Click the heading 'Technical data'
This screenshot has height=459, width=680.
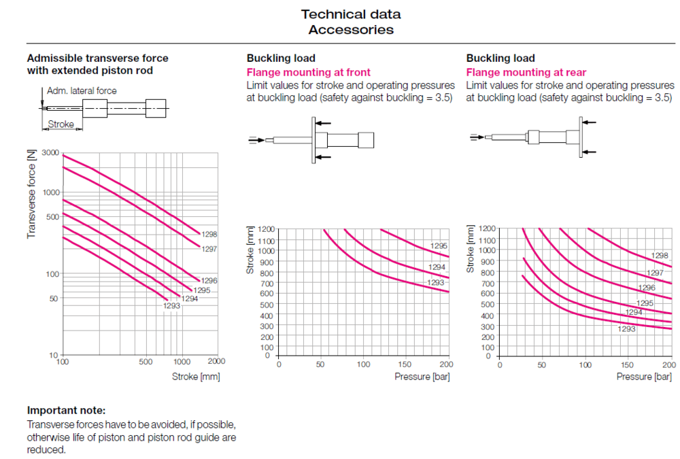pyautogui.click(x=351, y=14)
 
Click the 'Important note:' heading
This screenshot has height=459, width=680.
pyautogui.click(x=66, y=410)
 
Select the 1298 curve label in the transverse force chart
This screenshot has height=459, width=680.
pyautogui.click(x=209, y=233)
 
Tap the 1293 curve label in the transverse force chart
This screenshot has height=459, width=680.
pyautogui.click(x=171, y=306)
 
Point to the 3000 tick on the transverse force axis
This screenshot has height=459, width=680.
pyautogui.click(x=51, y=152)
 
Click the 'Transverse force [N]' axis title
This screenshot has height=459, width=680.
pyautogui.click(x=31, y=194)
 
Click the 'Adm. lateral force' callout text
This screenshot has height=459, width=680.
pyautogui.click(x=82, y=90)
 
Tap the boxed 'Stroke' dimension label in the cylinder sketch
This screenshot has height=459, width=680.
pyautogui.click(x=61, y=124)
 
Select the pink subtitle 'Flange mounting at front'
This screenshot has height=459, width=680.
pyautogui.click(x=308, y=72)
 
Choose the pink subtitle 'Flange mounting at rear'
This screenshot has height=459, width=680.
pyautogui.click(x=526, y=72)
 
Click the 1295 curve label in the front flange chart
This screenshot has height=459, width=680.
pyautogui.click(x=439, y=246)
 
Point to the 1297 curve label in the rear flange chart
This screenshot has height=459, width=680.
pyautogui.click(x=655, y=273)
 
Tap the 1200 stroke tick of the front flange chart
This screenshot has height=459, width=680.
pyautogui.click(x=265, y=229)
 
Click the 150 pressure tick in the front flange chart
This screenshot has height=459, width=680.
pyautogui.click(x=405, y=364)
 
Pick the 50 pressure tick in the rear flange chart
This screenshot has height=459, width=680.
pyautogui.click(x=542, y=364)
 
